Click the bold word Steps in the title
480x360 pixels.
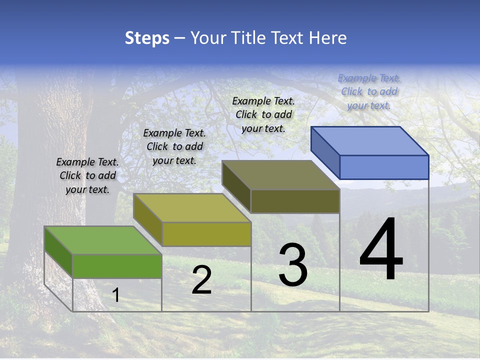(147, 38)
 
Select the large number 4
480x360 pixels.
(381, 250)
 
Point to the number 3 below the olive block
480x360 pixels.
(293, 265)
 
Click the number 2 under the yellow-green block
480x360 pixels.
(201, 280)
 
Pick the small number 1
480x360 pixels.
(116, 295)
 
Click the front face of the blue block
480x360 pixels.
(384, 167)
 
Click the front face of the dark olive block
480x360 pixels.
(295, 201)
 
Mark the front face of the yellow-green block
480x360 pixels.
(206, 234)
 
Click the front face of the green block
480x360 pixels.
(117, 266)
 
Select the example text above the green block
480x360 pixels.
(87, 175)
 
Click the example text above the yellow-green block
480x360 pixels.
(174, 146)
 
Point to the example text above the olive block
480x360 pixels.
(263, 114)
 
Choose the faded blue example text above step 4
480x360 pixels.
(369, 91)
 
